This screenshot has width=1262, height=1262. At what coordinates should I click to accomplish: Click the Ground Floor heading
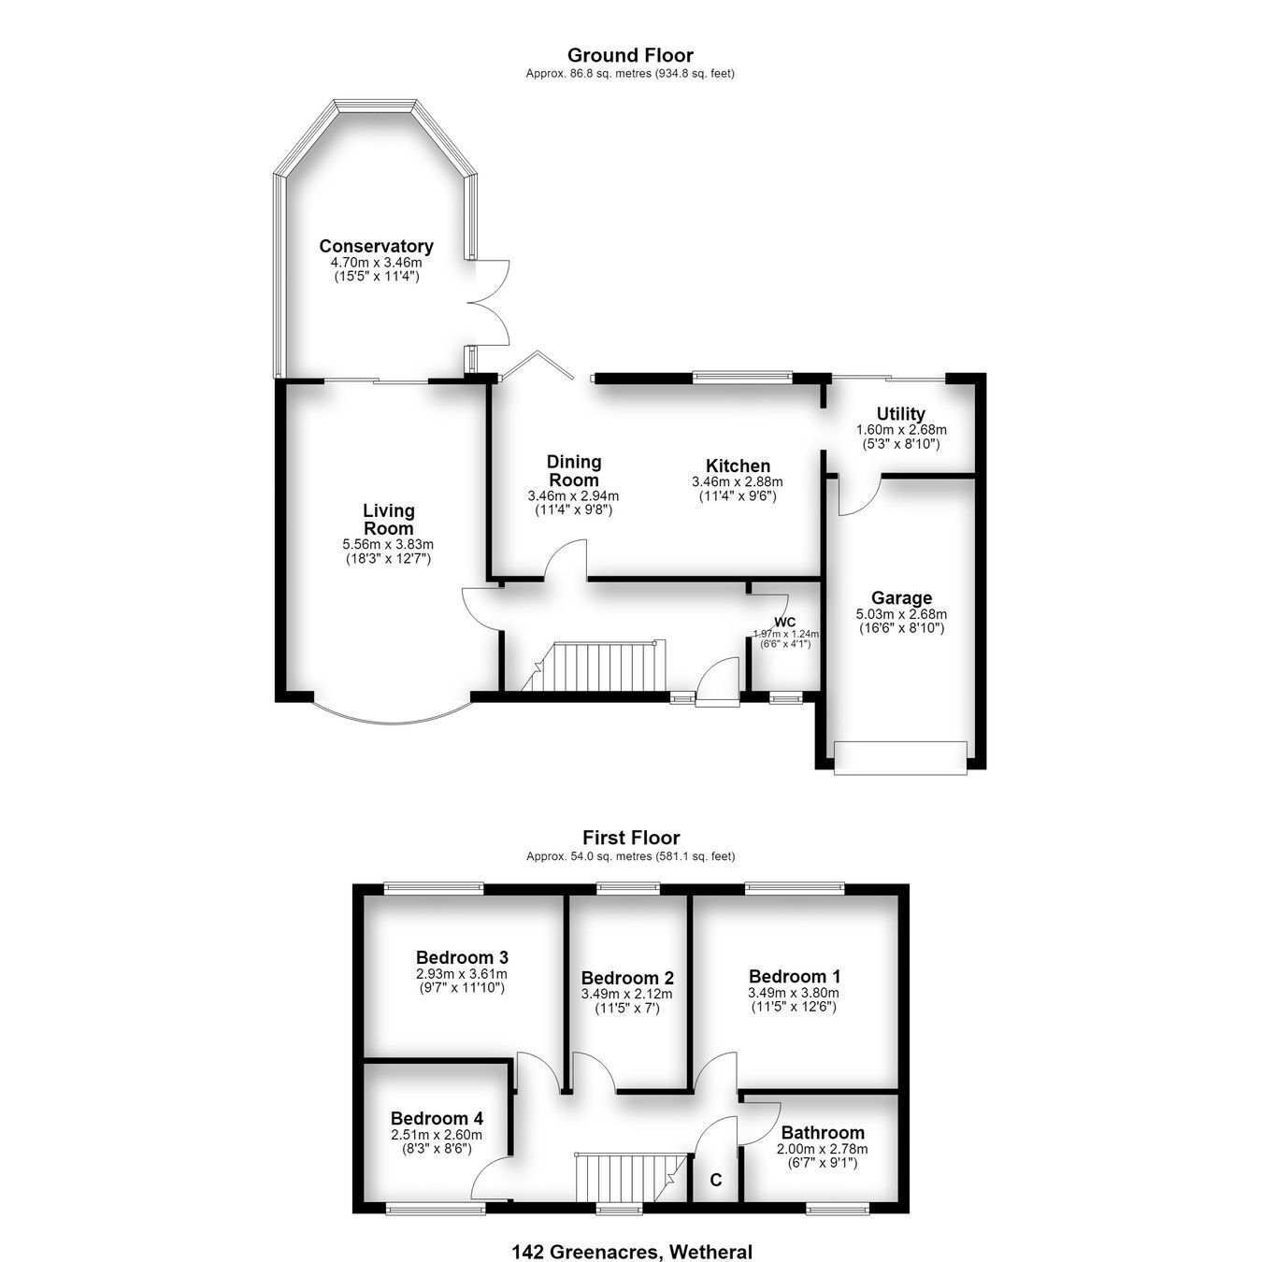pos(630,55)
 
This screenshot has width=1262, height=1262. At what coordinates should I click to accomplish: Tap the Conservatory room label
pos(376,246)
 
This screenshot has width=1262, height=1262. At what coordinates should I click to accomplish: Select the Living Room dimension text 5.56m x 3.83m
pos(388,544)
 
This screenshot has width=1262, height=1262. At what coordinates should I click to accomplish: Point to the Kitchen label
pos(738,466)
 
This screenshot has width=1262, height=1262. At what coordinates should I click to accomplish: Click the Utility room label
pos(900,414)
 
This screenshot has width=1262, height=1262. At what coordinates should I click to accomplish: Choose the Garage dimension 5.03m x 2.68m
pos(901,614)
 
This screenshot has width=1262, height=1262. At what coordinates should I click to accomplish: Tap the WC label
pos(784,622)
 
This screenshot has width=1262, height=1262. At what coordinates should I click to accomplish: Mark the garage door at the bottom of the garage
pos(900,758)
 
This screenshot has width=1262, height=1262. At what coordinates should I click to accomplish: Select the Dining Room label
pos(573,470)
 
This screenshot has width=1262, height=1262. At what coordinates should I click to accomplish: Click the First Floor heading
pos(631,838)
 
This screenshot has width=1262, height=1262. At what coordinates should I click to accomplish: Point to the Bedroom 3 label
pos(462,957)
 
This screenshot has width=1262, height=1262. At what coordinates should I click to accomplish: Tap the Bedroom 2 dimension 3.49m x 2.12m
pos(626,994)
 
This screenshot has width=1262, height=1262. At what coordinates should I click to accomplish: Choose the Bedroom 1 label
pos(795,977)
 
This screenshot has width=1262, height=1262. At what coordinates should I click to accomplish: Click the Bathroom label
pos(823,1132)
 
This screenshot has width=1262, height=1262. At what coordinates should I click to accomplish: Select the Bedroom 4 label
pos(437,1118)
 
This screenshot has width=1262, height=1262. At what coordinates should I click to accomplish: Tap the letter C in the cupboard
pos(716,1180)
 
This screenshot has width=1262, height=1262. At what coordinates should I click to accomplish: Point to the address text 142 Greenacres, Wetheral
pos(631,1252)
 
